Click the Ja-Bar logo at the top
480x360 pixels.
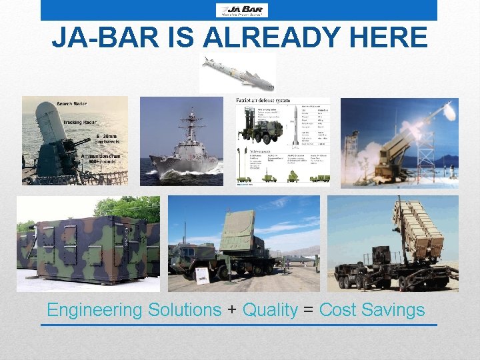[x=241, y=9]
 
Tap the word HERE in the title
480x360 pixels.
[x=390, y=38]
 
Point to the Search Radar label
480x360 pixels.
[x=72, y=105]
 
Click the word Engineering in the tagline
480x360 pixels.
[x=95, y=310]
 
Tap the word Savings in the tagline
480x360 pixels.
[x=394, y=310]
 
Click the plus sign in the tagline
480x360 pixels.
[x=231, y=311]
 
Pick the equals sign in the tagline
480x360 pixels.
[x=309, y=311]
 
